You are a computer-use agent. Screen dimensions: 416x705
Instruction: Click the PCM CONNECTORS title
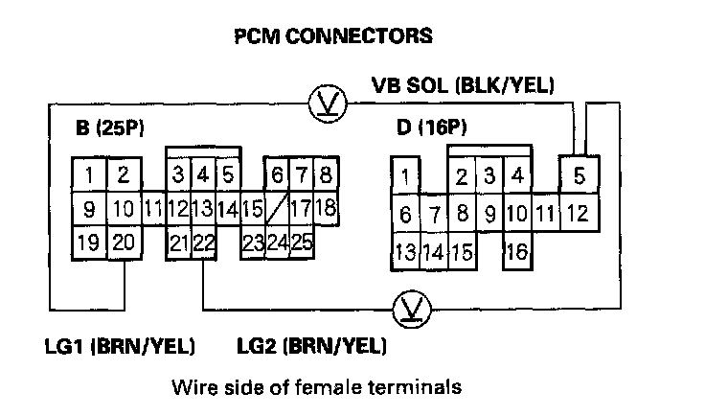tap(332, 36)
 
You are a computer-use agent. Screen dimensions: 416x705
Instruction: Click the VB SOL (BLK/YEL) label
tap(463, 84)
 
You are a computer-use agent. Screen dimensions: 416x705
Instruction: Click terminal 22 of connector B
tap(202, 242)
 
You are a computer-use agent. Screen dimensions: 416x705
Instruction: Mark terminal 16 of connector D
tap(517, 252)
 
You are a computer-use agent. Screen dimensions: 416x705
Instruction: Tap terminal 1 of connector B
tap(88, 174)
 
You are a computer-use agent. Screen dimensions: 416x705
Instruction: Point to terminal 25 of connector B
tap(301, 242)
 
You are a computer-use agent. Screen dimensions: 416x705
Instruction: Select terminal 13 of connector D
tap(404, 252)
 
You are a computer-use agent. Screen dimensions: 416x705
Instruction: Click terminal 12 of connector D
tap(577, 213)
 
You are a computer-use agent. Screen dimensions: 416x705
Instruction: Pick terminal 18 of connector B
tap(325, 208)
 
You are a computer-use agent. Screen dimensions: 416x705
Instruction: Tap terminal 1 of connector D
tap(405, 177)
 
